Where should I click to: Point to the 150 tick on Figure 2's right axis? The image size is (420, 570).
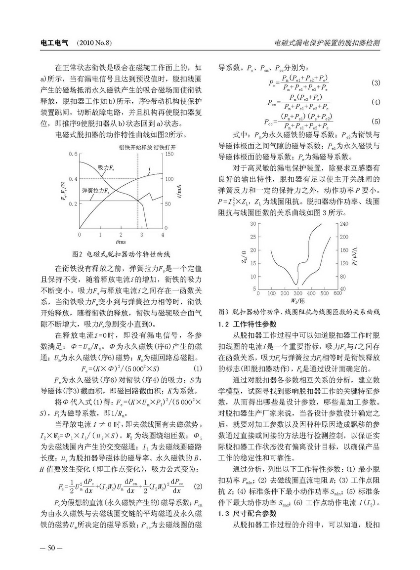click(x=169, y=154)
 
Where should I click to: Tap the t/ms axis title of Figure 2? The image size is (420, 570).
click(x=120, y=242)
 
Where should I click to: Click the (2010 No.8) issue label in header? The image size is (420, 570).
click(x=94, y=43)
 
